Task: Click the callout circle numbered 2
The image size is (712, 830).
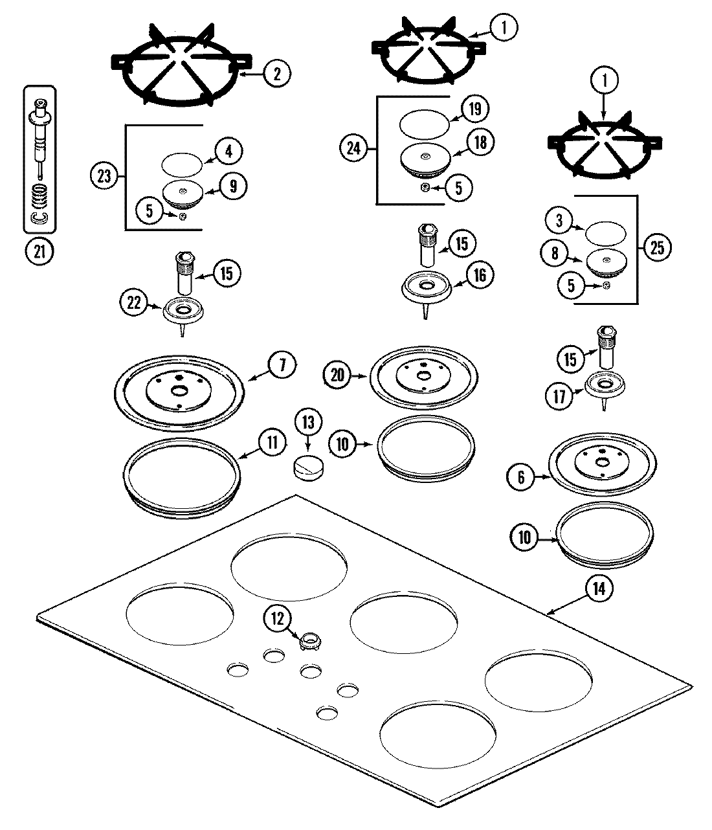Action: tap(276, 74)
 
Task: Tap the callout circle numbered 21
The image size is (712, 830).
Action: tap(39, 252)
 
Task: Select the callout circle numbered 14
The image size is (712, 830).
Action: tap(599, 589)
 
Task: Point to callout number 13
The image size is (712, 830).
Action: tap(308, 423)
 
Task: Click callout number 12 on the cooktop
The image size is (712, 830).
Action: tap(278, 618)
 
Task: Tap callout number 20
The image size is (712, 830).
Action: tap(339, 374)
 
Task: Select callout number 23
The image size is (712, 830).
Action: tap(105, 175)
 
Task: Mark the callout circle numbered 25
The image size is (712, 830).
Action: tap(657, 248)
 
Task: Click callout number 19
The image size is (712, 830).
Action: tap(476, 108)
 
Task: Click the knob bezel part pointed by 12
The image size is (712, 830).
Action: tap(310, 642)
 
